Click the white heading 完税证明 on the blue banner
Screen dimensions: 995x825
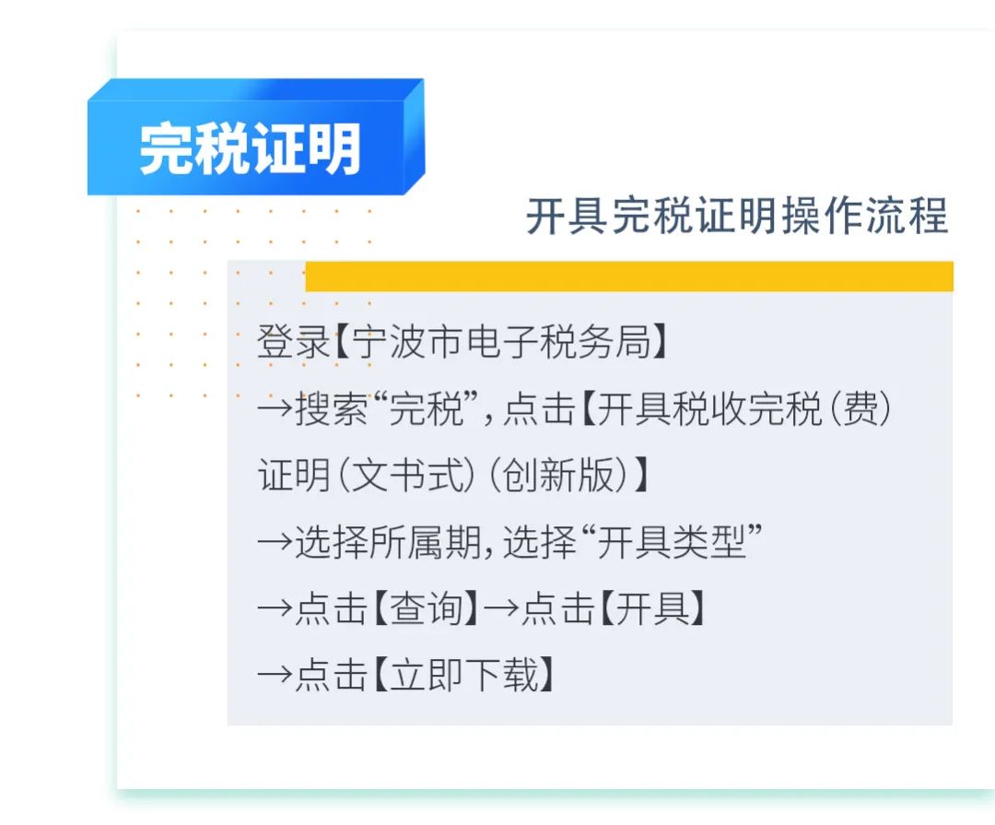coord(250,148)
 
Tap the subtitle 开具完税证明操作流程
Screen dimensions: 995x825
coord(737,216)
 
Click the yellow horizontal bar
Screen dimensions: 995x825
coord(629,277)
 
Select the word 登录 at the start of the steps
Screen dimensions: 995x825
coord(293,342)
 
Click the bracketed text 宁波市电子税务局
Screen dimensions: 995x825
coord(501,342)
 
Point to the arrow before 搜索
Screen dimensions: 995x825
coord(275,408)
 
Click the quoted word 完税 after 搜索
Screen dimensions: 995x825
coord(426,408)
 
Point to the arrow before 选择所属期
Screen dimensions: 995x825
coord(275,542)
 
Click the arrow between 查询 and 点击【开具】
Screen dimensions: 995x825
coord(501,608)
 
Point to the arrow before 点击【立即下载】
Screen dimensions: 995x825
coord(275,675)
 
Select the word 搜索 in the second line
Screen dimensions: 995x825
coord(332,408)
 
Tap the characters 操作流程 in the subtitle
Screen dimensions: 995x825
coord(865,216)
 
